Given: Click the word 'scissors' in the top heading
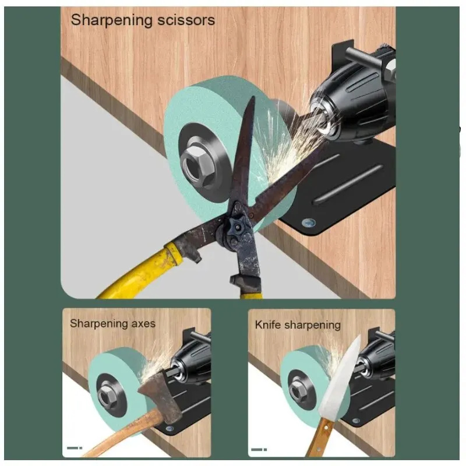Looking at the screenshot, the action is (x=186, y=20).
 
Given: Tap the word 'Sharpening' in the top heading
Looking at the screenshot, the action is (x=112, y=21).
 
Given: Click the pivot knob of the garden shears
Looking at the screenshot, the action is (x=236, y=228).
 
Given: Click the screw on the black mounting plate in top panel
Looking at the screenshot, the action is (x=308, y=223).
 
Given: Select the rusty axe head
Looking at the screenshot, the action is (x=161, y=396).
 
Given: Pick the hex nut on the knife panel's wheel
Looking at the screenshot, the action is (x=296, y=390).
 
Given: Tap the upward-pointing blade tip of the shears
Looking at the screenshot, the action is (x=253, y=97).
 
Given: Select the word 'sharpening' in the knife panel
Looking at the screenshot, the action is (x=313, y=325).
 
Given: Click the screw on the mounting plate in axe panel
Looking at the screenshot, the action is (x=170, y=428).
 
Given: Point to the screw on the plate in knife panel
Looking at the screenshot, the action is (x=356, y=421).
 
